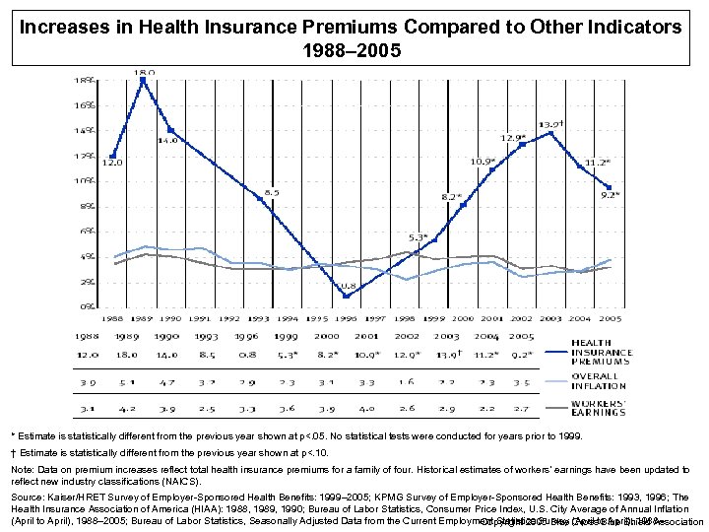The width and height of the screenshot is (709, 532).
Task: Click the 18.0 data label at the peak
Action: (x=144, y=72)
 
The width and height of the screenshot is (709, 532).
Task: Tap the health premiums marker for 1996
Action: (x=346, y=296)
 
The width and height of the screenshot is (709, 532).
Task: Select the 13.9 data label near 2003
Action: (x=550, y=124)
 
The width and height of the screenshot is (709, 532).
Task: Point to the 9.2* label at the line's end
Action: (x=611, y=195)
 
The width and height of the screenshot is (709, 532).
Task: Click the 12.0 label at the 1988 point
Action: (x=115, y=164)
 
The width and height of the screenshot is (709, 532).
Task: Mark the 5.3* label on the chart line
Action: (x=419, y=237)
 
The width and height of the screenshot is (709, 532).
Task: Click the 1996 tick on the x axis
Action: (x=346, y=318)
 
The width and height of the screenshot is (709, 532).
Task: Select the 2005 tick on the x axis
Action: (x=611, y=318)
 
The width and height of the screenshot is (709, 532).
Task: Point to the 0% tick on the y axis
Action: (x=88, y=306)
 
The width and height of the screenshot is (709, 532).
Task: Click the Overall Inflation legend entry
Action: (x=599, y=380)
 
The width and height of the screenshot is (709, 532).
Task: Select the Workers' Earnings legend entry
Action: (x=599, y=407)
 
